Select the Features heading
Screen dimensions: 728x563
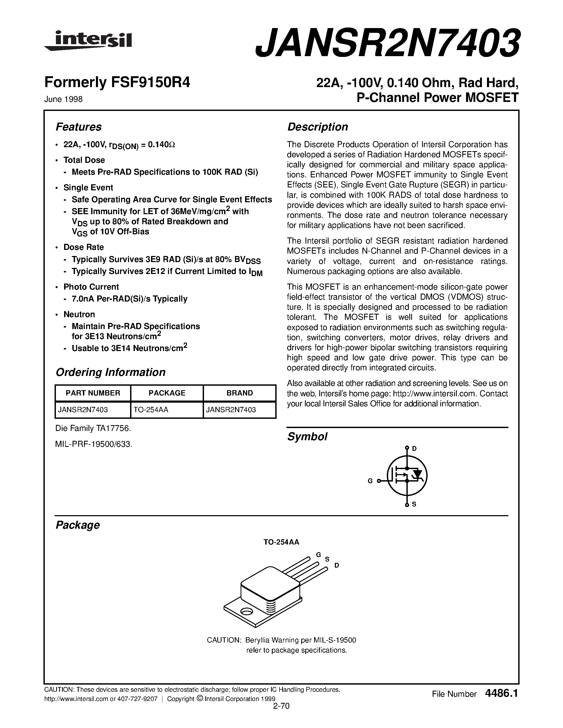[x=78, y=127]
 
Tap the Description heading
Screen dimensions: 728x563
[x=317, y=127]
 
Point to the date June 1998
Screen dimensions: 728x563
[x=63, y=99]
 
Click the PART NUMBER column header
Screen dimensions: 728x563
[x=93, y=393]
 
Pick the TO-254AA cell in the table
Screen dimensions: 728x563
[x=151, y=410]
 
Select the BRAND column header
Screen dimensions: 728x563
[x=240, y=393]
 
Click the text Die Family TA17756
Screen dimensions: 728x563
[x=93, y=428]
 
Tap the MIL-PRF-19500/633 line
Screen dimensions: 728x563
[x=94, y=444]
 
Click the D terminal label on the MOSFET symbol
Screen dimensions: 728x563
[x=414, y=449]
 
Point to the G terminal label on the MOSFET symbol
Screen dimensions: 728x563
[x=370, y=481]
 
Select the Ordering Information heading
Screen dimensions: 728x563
[x=110, y=372]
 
